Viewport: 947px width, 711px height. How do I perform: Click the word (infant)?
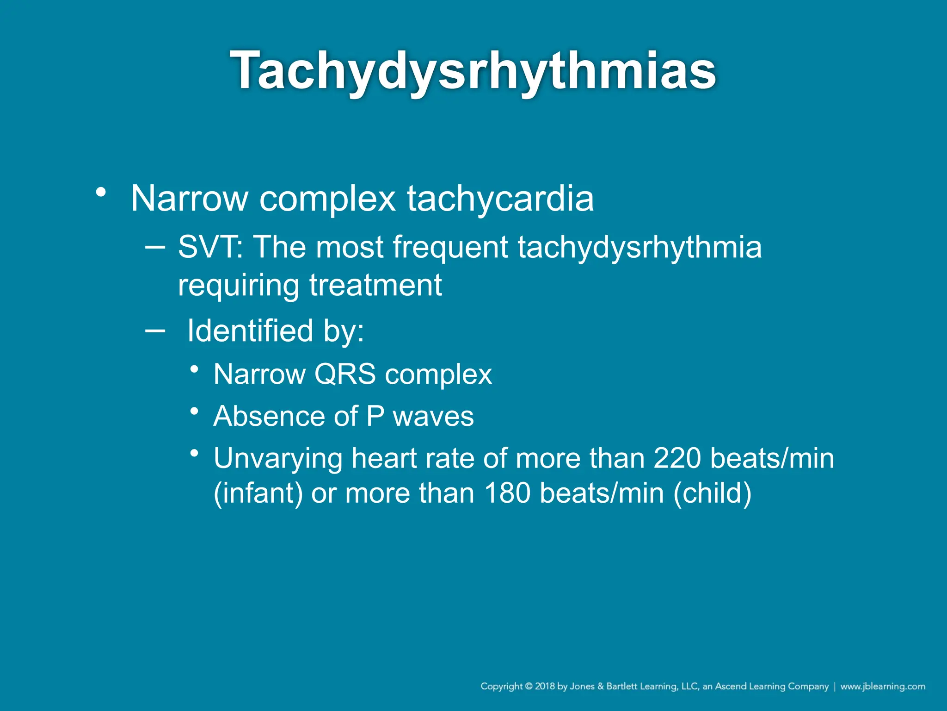[258, 493]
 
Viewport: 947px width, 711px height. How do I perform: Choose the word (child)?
[712, 493]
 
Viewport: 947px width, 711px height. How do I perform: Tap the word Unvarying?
[277, 459]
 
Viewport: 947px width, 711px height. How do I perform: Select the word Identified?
[250, 331]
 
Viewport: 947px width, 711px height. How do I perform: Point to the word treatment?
[375, 285]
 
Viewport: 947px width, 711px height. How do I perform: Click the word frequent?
[450, 247]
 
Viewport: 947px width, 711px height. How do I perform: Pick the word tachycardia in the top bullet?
[500, 199]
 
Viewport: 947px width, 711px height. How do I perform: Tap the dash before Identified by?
[154, 331]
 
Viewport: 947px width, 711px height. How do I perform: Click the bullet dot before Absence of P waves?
[195, 411]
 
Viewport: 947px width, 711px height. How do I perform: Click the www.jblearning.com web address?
[883, 686]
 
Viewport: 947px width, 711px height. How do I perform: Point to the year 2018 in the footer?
[545, 686]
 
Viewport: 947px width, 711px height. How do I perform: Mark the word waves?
[433, 416]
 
